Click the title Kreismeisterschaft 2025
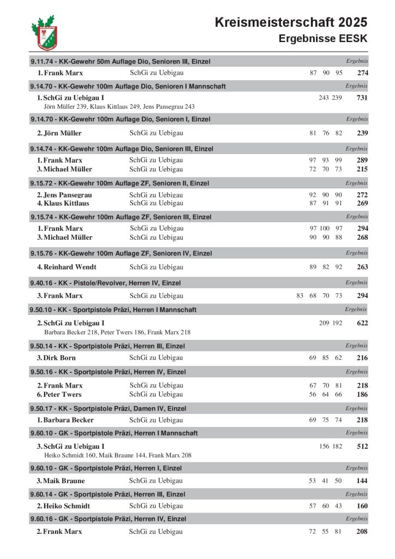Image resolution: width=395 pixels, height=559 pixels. click(x=291, y=22)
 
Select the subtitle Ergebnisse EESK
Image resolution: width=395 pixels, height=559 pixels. click(x=323, y=39)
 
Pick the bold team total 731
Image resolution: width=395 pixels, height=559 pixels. click(x=362, y=98)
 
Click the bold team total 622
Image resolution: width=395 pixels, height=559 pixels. click(x=362, y=323)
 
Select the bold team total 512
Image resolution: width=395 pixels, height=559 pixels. click(x=362, y=447)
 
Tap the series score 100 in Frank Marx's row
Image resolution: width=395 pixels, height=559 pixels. click(x=325, y=228)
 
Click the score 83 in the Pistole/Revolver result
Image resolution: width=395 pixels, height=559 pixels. click(x=300, y=296)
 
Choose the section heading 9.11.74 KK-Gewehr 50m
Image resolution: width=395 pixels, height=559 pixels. click(x=121, y=62)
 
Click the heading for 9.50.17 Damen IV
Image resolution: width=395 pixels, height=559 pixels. click(x=108, y=408)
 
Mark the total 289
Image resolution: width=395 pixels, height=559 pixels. click(x=362, y=160)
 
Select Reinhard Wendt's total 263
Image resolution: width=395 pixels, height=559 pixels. click(x=362, y=267)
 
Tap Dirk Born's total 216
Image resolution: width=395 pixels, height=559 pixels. click(x=362, y=358)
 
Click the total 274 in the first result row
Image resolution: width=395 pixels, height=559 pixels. click(x=362, y=73)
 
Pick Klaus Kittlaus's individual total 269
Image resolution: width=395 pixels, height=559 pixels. click(x=362, y=204)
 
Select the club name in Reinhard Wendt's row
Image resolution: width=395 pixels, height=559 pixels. click(x=156, y=267)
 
